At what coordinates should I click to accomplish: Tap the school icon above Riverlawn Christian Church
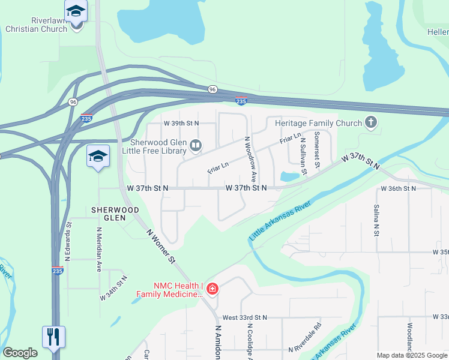(76, 11)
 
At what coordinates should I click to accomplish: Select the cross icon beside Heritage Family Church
(371, 124)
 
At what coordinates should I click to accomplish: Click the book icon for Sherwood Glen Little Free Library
(196, 145)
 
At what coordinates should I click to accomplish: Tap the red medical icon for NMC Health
(212, 290)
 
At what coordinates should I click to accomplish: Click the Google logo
(20, 353)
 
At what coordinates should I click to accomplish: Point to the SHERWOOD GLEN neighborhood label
(115, 214)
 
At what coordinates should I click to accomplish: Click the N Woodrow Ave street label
(250, 160)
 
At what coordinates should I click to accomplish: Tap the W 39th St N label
(181, 123)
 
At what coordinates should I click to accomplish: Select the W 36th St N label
(399, 188)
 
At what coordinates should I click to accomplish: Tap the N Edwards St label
(69, 242)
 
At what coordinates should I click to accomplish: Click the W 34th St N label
(114, 288)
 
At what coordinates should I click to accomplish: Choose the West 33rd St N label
(244, 317)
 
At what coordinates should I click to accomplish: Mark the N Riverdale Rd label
(305, 338)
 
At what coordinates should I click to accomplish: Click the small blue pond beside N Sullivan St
(289, 176)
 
